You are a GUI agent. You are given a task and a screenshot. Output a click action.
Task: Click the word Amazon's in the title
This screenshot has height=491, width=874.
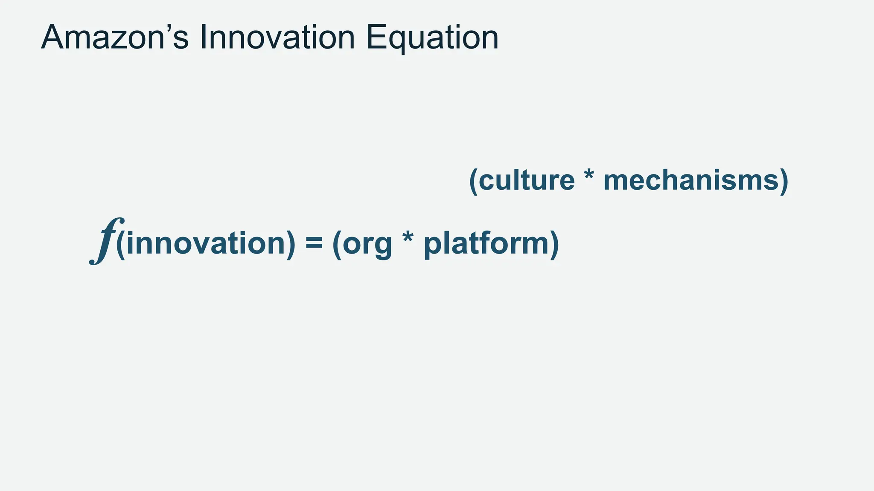tap(114, 38)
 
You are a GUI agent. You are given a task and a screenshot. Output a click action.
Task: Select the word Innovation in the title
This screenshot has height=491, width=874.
tap(277, 38)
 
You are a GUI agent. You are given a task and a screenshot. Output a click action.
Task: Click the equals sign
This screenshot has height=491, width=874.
tap(314, 244)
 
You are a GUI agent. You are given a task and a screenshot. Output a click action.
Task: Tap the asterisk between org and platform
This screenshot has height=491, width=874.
tap(408, 239)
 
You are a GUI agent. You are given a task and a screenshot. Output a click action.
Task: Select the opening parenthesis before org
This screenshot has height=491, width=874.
tap(337, 244)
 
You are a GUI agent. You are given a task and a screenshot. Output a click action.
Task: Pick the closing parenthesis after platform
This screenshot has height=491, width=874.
tap(554, 244)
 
